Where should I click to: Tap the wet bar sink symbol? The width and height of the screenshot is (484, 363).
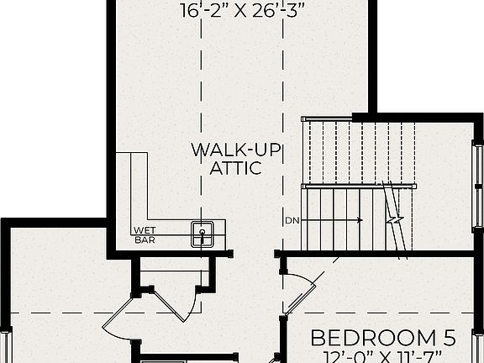click(x=202, y=233)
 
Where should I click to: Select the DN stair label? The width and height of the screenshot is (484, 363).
click(x=292, y=221)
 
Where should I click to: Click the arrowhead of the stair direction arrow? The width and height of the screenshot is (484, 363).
click(x=360, y=221)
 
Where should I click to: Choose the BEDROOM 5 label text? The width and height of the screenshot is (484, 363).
click(x=383, y=339)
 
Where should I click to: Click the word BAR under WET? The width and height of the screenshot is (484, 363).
click(x=145, y=239)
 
